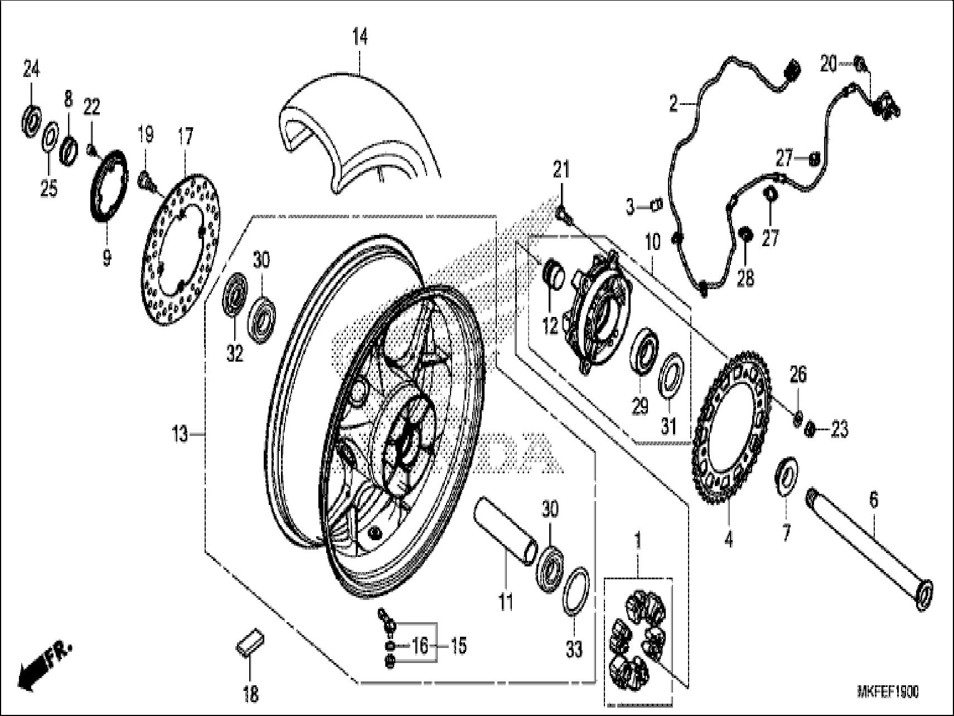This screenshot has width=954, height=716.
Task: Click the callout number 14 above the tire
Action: (x=360, y=38)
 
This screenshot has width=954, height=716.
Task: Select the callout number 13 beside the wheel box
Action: (x=180, y=434)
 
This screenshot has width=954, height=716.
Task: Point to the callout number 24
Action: (x=31, y=70)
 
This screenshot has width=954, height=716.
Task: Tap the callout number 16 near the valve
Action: (x=420, y=646)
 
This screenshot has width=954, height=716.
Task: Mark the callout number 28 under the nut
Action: (x=745, y=277)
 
